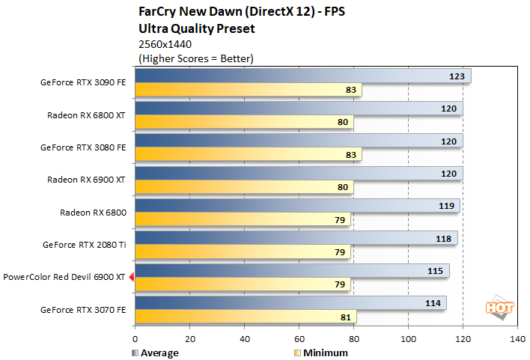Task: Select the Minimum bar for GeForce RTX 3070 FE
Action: tap(246, 317)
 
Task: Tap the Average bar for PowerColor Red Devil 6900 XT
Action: tap(292, 270)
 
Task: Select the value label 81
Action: tap(345, 317)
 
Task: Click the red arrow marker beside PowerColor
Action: tap(131, 278)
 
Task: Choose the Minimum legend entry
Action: tap(320, 353)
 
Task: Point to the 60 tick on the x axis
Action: tap(299, 339)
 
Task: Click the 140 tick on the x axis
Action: tap(517, 339)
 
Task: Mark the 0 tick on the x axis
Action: tap(135, 339)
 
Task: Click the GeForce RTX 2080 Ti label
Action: tap(85, 245)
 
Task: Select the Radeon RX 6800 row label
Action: tap(93, 213)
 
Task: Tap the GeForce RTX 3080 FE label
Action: tap(83, 147)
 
